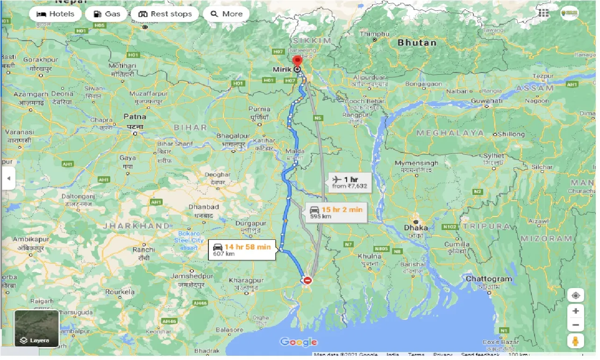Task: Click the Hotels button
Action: pyautogui.click(x=55, y=14)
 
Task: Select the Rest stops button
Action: pyautogui.click(x=165, y=14)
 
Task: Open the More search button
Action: pyautogui.click(x=226, y=14)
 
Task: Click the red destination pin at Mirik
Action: pyautogui.click(x=297, y=61)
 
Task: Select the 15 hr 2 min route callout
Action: pyautogui.click(x=335, y=212)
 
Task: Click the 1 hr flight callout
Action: pyautogui.click(x=350, y=181)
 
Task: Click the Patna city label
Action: pyautogui.click(x=135, y=116)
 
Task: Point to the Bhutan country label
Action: pyautogui.click(x=417, y=43)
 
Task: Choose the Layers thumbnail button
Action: pyautogui.click(x=36, y=329)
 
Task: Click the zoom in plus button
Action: pyautogui.click(x=576, y=311)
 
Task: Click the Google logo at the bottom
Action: pyautogui.click(x=299, y=342)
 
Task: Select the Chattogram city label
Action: pyautogui.click(x=489, y=279)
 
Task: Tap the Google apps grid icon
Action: pyautogui.click(x=543, y=13)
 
